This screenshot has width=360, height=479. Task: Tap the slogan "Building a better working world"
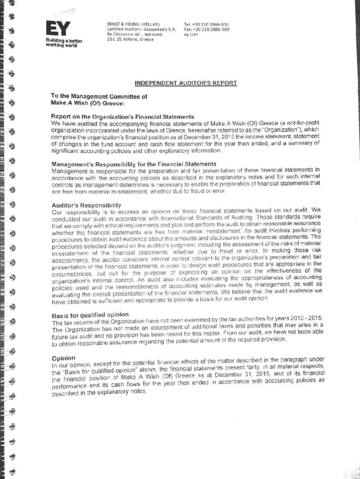click(x=63, y=44)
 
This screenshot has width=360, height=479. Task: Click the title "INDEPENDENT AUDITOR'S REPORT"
click(x=186, y=83)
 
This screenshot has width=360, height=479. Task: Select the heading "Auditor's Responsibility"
click(x=86, y=205)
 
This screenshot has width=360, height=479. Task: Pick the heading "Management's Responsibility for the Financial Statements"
click(x=133, y=164)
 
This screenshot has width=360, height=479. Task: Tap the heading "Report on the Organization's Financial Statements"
click(x=122, y=116)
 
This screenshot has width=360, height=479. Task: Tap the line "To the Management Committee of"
click(x=99, y=96)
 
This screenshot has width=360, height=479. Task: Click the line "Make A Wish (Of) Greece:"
click(x=87, y=103)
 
